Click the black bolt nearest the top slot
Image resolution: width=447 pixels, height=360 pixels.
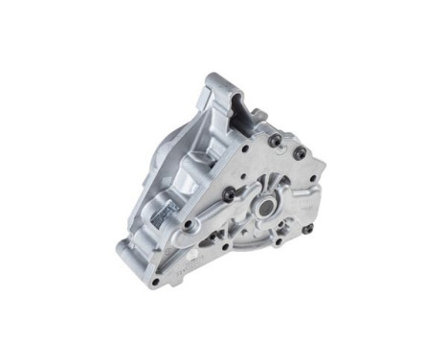pos(276,140)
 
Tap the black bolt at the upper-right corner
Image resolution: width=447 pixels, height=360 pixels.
pos(300,152)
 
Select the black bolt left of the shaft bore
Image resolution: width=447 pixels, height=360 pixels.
pos(229,194)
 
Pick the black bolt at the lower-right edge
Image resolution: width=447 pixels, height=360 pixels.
pos(307,228)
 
